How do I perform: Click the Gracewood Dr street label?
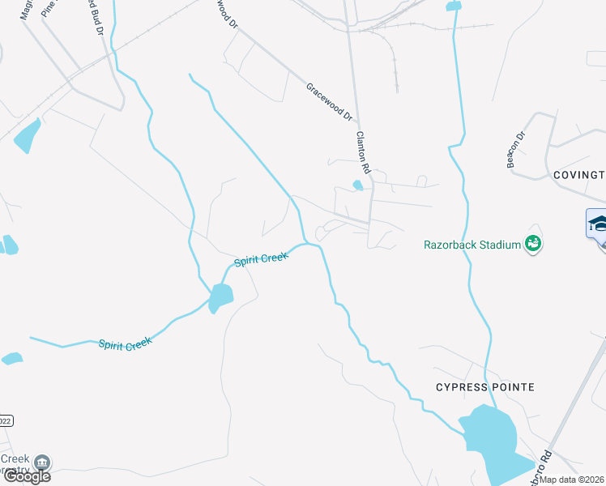point(330,102)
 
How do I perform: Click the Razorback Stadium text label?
point(472,244)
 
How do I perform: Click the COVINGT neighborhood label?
point(578,175)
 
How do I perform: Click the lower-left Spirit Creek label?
point(126,343)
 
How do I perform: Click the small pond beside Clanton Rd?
point(357,185)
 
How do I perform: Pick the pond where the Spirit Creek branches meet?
point(220,298)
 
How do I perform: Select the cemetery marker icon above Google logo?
point(42,463)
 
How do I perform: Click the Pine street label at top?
point(49,10)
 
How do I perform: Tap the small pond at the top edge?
point(453,6)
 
